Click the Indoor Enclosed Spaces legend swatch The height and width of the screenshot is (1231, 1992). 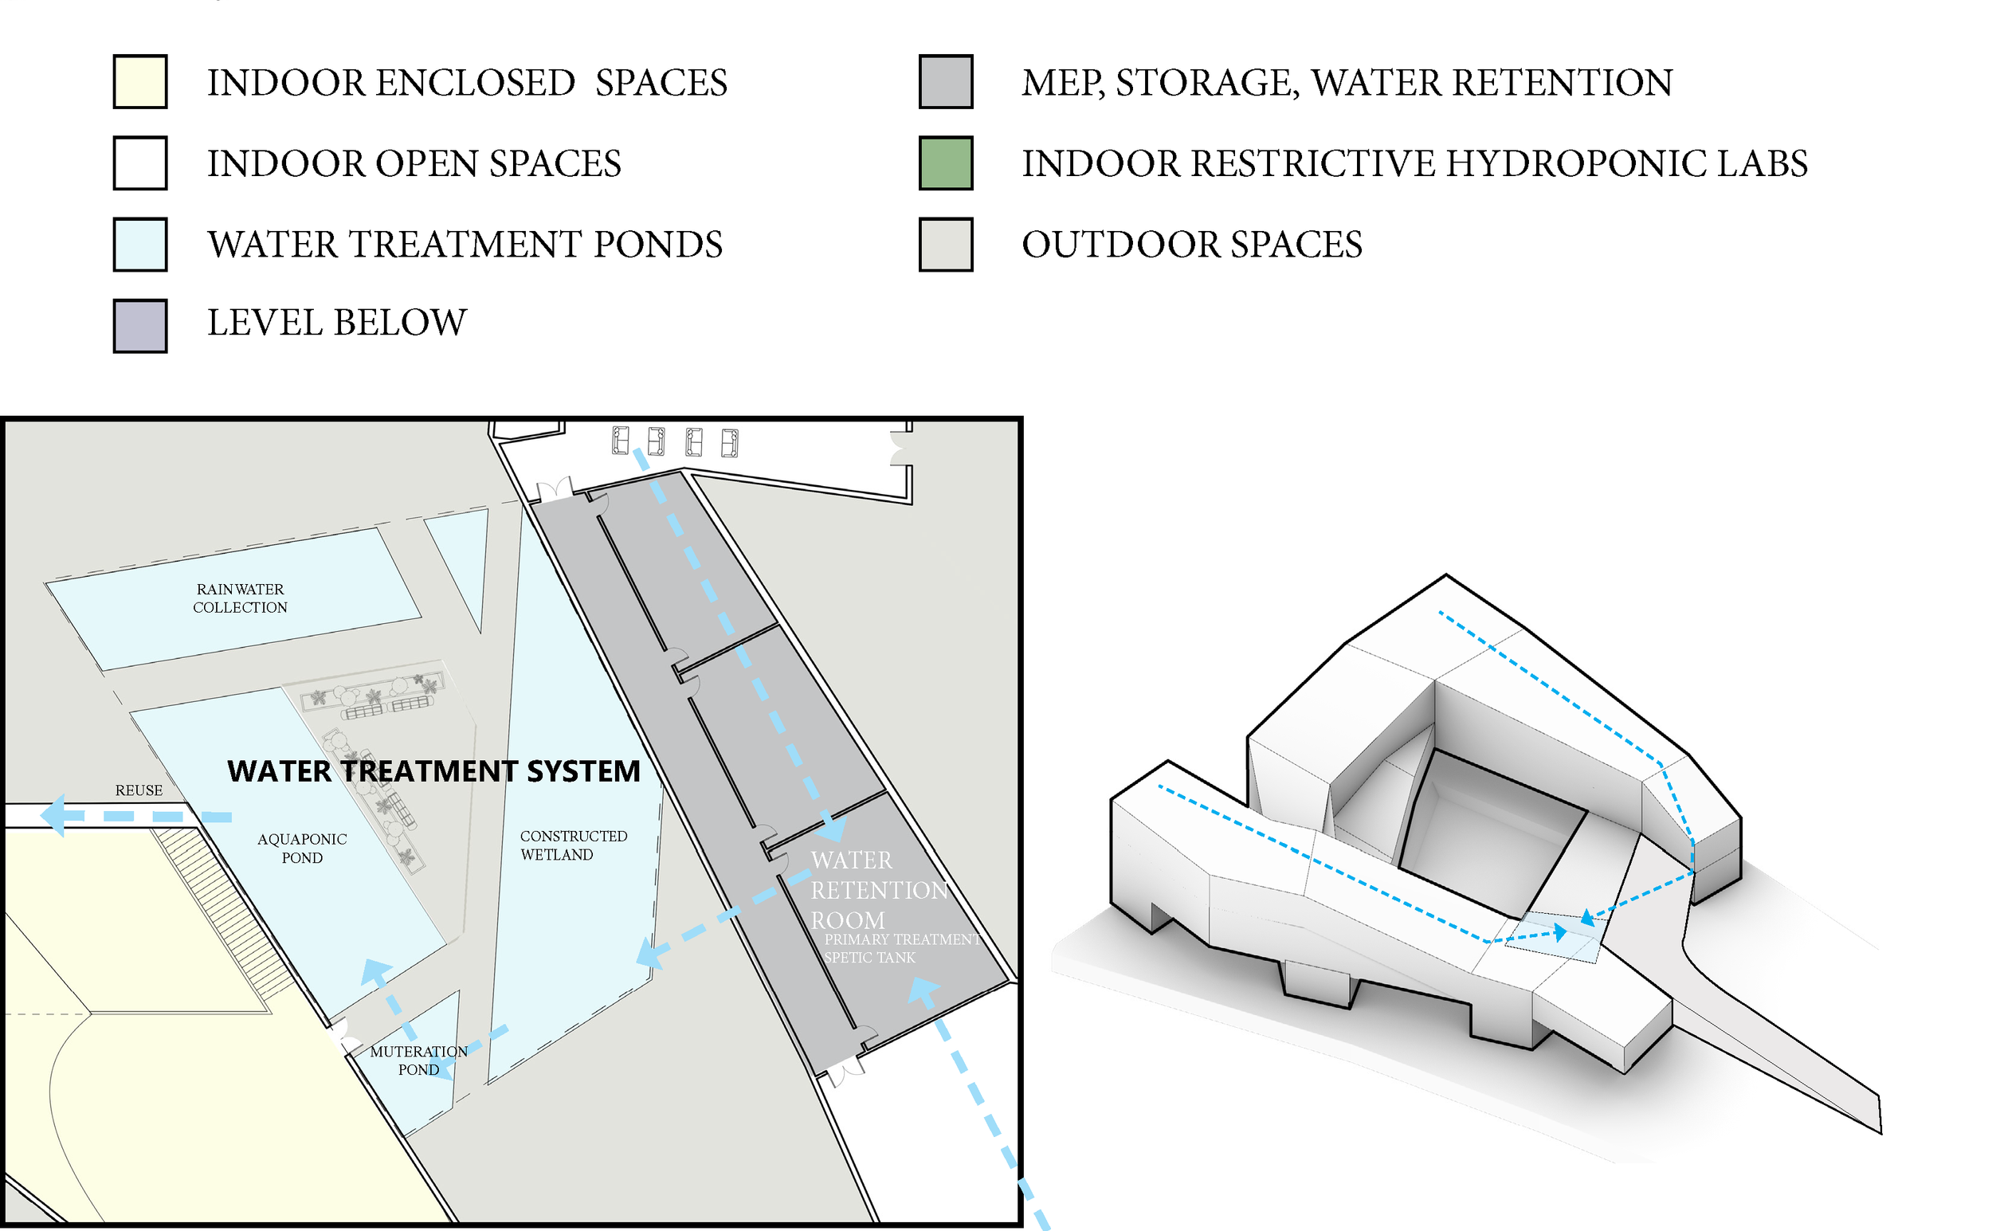coord(140,81)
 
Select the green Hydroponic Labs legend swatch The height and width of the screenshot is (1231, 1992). coord(945,163)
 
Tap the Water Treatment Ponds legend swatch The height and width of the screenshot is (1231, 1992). coord(140,245)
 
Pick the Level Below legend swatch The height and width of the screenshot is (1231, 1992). coord(140,326)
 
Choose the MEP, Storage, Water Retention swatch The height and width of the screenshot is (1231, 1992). coord(945,81)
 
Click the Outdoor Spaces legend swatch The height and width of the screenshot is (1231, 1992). coord(945,245)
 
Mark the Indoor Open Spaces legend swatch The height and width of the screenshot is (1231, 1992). coord(140,163)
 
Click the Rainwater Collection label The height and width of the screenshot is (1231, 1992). coord(240,598)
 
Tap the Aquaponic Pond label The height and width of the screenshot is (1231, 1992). coord(302,849)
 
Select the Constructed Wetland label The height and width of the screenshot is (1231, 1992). coord(573,845)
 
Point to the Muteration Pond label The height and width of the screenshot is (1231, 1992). coord(418,1060)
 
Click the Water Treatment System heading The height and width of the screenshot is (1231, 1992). coord(433,771)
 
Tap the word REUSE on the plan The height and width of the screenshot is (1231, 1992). coord(139,790)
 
